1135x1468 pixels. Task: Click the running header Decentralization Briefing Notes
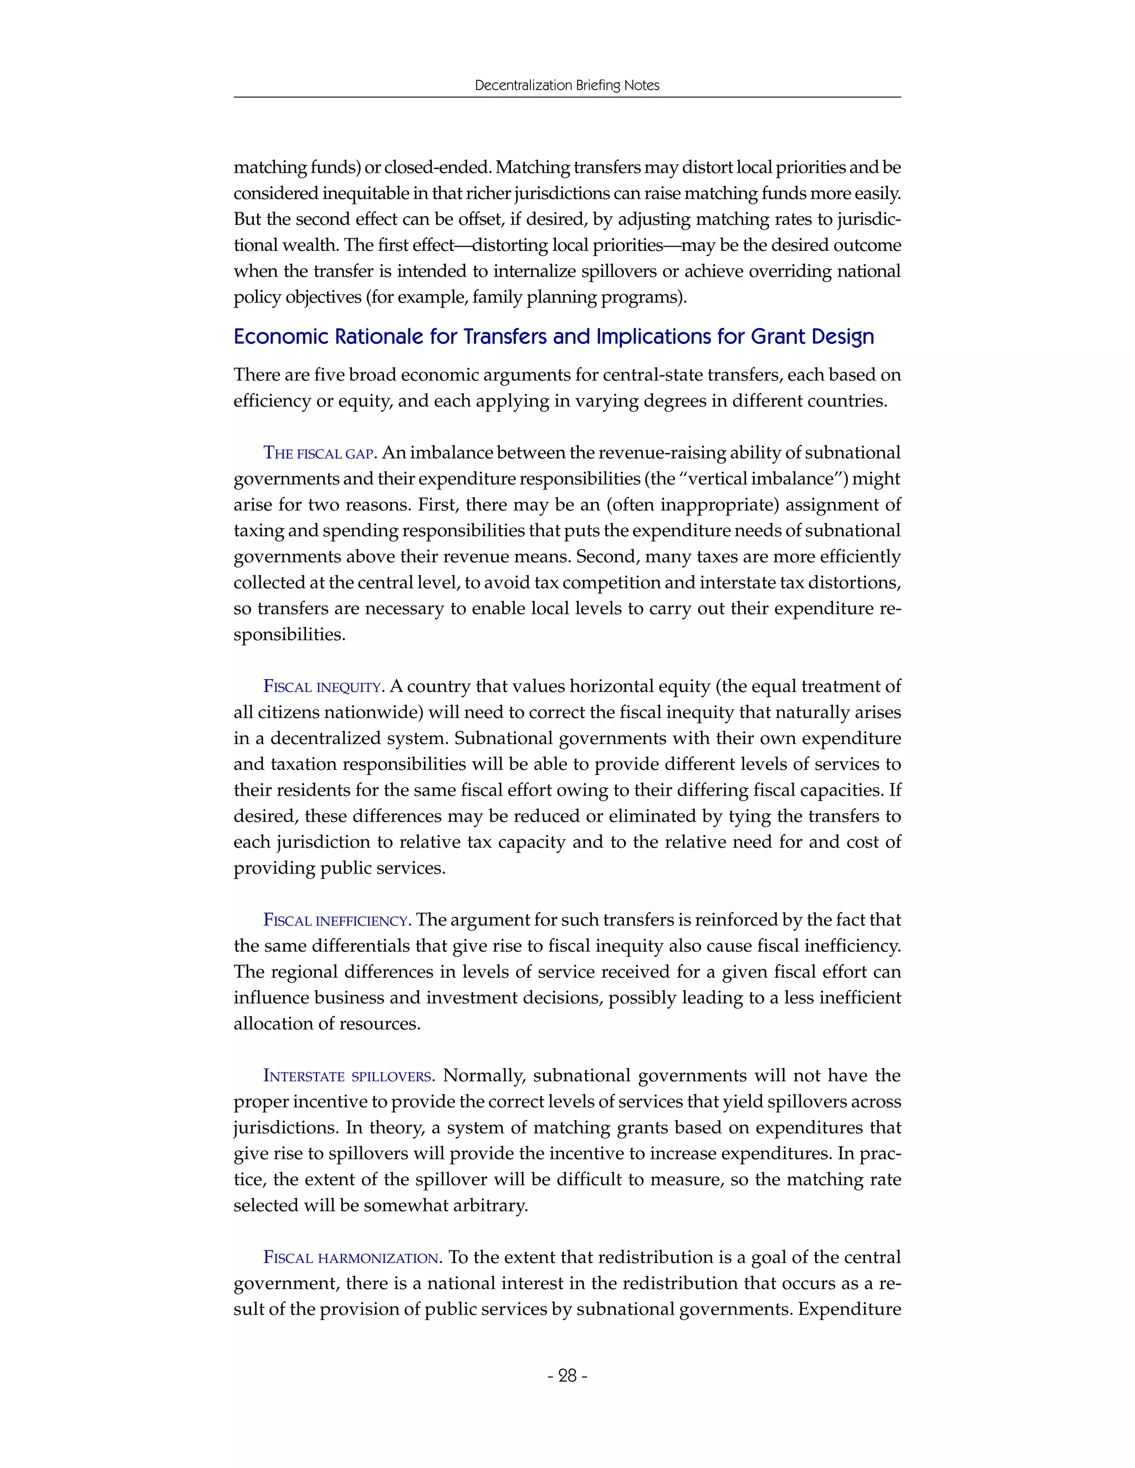(567, 85)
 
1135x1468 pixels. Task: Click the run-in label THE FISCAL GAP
(319, 454)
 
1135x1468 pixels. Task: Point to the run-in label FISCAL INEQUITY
(324, 687)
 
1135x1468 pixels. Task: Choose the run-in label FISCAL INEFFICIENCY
(337, 920)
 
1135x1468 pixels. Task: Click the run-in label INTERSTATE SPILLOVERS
(348, 1076)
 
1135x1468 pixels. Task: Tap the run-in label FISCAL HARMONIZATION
(352, 1257)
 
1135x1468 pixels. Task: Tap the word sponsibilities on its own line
(289, 634)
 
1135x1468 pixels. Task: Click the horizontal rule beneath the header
(567, 97)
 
